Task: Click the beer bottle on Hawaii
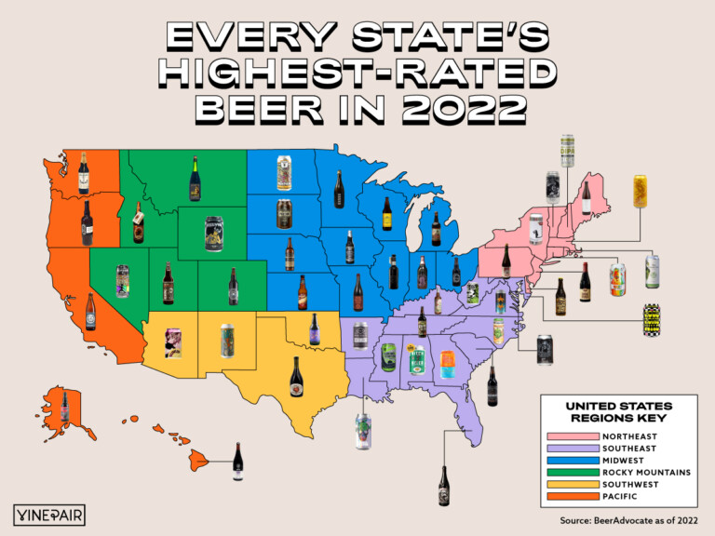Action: (x=236, y=462)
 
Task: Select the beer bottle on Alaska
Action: (x=65, y=406)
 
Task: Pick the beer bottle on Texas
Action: (x=297, y=375)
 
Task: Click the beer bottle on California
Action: (x=90, y=312)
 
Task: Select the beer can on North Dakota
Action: (x=284, y=173)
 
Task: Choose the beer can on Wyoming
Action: (x=213, y=232)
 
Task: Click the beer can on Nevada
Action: (x=122, y=279)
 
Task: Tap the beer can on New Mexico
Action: (x=226, y=340)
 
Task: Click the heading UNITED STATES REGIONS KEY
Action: (x=619, y=412)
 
